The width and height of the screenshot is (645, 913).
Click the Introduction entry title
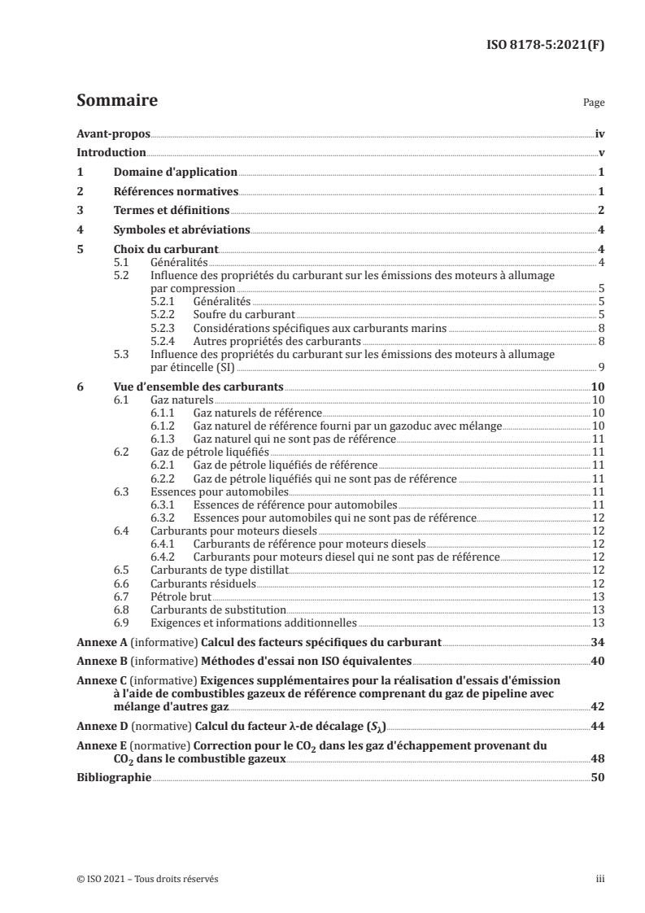[111, 153]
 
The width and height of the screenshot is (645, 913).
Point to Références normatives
[175, 192]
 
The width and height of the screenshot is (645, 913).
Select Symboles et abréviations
[181, 230]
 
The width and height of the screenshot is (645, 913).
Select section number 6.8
[122, 609]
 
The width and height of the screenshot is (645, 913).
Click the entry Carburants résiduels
[190, 583]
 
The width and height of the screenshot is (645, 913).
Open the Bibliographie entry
[114, 777]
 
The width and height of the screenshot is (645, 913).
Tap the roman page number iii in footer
[599, 879]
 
